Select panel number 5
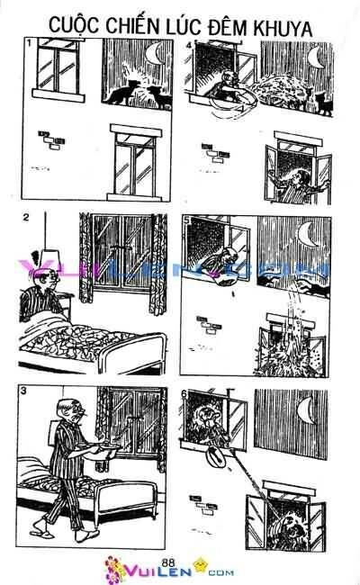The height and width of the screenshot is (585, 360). click(x=187, y=219)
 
